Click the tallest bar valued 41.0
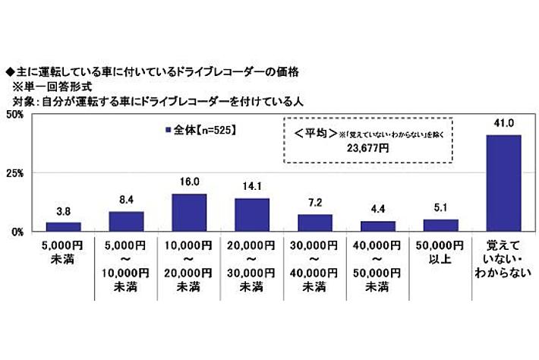pos(503,183)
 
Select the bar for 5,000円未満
pos(64,226)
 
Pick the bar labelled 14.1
pos(252,214)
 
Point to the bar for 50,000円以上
pos(441,225)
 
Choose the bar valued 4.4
pos(378,226)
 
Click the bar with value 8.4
pos(127,221)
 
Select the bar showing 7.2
pos(315,223)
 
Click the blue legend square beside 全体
pos(168,130)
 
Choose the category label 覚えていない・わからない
pos(503,259)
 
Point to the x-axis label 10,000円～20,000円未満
pos(189,265)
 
